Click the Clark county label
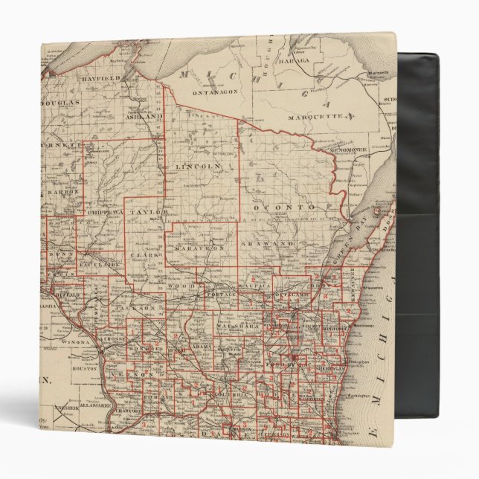coord(141,255)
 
